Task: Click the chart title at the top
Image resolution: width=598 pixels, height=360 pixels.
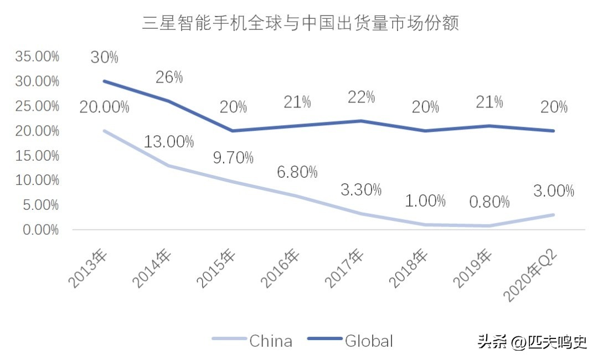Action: click(301, 24)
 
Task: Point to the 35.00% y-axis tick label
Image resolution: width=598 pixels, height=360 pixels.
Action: click(38, 56)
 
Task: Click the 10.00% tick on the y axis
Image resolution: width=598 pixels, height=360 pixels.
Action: click(38, 180)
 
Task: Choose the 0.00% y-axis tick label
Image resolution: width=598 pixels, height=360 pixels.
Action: click(40, 229)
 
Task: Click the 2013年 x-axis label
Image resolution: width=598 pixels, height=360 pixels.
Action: click(89, 270)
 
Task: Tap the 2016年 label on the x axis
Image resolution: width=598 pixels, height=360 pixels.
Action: click(281, 270)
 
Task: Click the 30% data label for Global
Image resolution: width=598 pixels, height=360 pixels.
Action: click(105, 56)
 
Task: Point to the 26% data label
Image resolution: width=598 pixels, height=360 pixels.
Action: click(169, 77)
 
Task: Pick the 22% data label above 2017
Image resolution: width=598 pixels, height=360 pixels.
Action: click(361, 97)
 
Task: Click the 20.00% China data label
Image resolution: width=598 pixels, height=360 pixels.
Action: click(105, 107)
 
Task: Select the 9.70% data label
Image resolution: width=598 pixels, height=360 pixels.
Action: click(233, 158)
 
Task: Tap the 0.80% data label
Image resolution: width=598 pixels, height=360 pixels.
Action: click(489, 202)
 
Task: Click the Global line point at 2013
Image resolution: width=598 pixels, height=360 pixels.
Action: click(105, 81)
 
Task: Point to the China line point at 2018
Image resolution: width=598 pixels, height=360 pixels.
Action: click(425, 224)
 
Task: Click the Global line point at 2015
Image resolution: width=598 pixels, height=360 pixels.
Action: click(233, 131)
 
